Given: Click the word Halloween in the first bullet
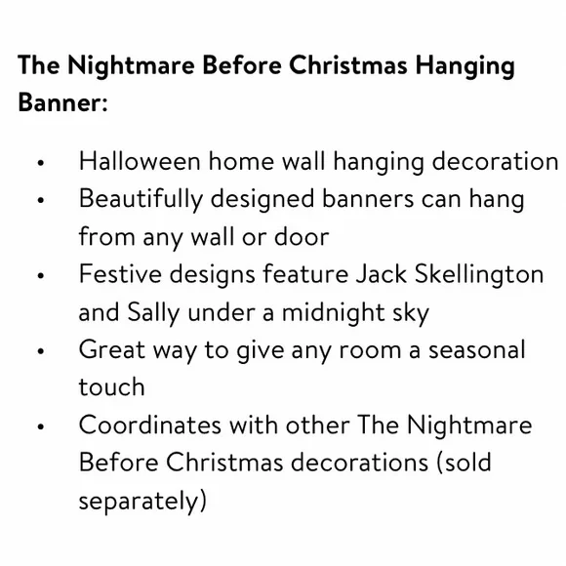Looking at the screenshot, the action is (x=140, y=161).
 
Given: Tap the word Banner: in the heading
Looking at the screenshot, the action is (x=62, y=102).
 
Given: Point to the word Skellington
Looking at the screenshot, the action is (x=478, y=275).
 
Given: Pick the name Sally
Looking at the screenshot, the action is (x=153, y=313).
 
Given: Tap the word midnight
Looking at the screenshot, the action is (x=333, y=313).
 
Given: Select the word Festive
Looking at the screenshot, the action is (x=120, y=274).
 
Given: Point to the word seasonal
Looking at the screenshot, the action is (x=476, y=349).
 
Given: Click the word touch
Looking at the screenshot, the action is (x=112, y=387).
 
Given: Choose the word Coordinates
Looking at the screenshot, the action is (x=150, y=424).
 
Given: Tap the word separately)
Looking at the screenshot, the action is (x=142, y=502).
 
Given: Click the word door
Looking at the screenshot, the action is (x=302, y=237).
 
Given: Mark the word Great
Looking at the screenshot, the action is (x=112, y=349).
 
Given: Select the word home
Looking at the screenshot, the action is (x=241, y=161).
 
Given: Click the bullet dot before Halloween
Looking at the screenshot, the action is (x=40, y=162).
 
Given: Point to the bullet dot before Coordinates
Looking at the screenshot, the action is (x=40, y=426).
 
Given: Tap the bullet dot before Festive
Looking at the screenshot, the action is (x=40, y=276).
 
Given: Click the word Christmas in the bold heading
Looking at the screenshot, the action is (x=348, y=65).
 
